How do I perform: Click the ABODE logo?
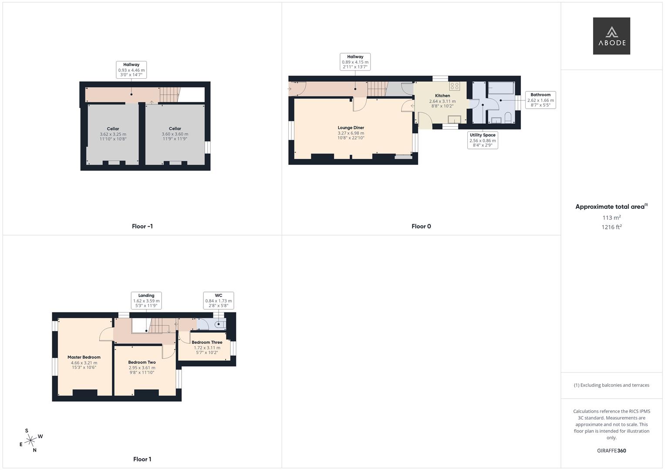[611, 36]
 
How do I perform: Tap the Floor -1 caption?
[142, 226]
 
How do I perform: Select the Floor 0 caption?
[421, 226]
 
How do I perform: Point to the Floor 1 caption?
[142, 459]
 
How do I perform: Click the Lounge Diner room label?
[351, 128]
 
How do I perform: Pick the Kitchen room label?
[442, 96]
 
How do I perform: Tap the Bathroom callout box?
[540, 100]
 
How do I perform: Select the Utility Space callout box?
[483, 140]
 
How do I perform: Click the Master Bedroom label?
[84, 357]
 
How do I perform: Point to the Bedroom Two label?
[142, 363]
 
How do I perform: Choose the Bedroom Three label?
[207, 342]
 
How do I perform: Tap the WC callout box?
[219, 300]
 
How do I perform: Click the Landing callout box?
[146, 300]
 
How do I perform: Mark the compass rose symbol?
[30, 441]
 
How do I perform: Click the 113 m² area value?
[611, 218]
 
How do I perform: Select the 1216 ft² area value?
[611, 227]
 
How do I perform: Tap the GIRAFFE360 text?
[611, 451]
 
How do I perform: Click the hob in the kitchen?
[455, 86]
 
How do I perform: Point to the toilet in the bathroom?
[508, 117]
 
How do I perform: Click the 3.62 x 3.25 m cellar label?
[113, 134]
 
